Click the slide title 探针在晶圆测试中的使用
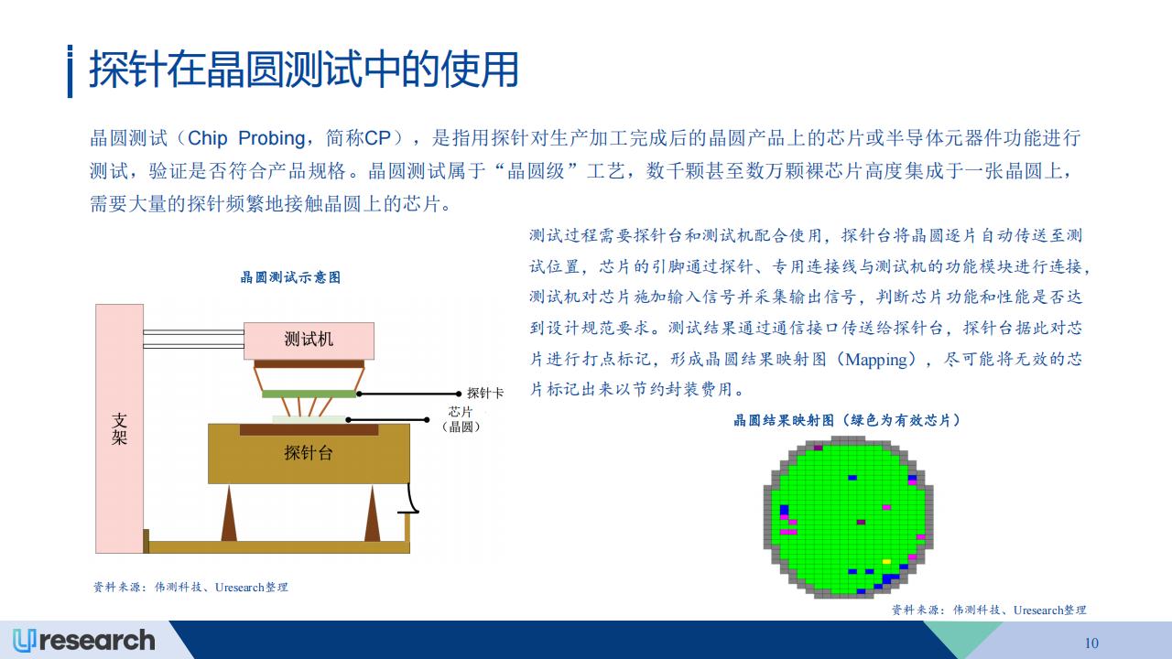303,70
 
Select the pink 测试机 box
309,340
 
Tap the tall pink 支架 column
119,428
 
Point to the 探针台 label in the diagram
309,453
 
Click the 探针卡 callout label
485,394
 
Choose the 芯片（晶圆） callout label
461,419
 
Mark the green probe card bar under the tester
309,394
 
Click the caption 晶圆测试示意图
290,277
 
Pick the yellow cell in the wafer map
886,562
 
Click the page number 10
1091,643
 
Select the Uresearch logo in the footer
83,641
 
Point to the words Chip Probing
246,138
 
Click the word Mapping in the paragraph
876,360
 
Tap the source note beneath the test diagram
190,588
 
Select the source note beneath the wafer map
989,610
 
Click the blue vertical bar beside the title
71,71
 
